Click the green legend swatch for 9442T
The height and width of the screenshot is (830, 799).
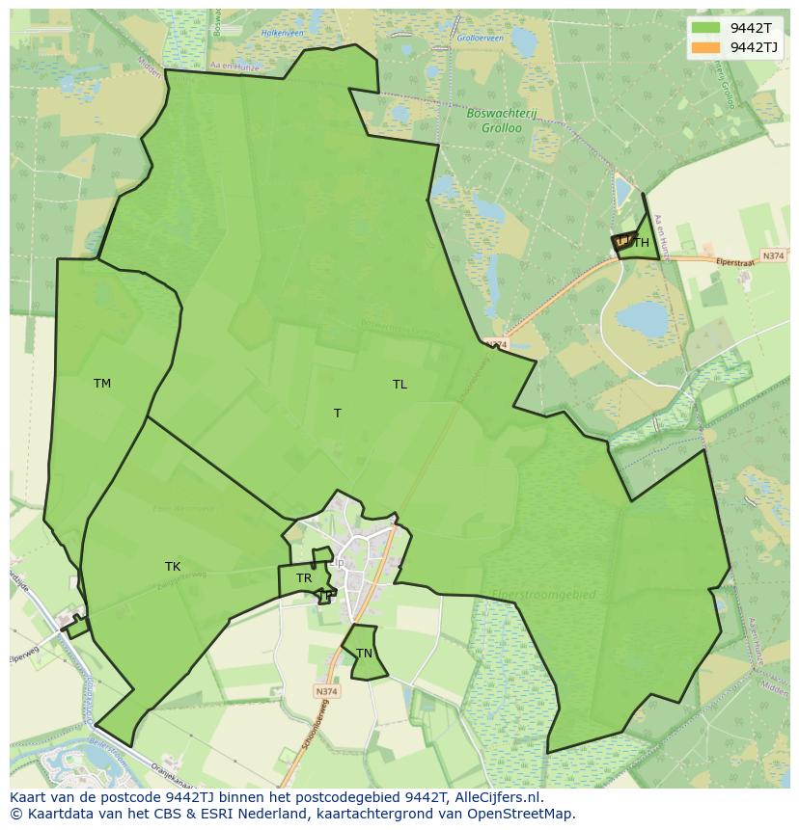coord(706,28)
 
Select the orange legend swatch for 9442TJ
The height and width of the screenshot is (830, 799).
coord(706,47)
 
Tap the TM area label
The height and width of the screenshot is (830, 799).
coord(102,384)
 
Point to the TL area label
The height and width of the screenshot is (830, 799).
coord(399,385)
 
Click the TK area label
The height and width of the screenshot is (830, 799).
coord(173,567)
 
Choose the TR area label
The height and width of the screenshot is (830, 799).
coord(304,578)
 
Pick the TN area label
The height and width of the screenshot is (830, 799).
coord(364,654)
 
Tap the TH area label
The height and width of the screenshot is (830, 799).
coord(642,244)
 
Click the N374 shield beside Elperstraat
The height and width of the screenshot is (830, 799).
coord(773,255)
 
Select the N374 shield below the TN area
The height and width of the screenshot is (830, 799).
coord(327,691)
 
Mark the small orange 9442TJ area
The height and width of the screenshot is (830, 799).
coord(622,243)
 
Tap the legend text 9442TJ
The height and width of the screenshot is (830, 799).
coord(756,47)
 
